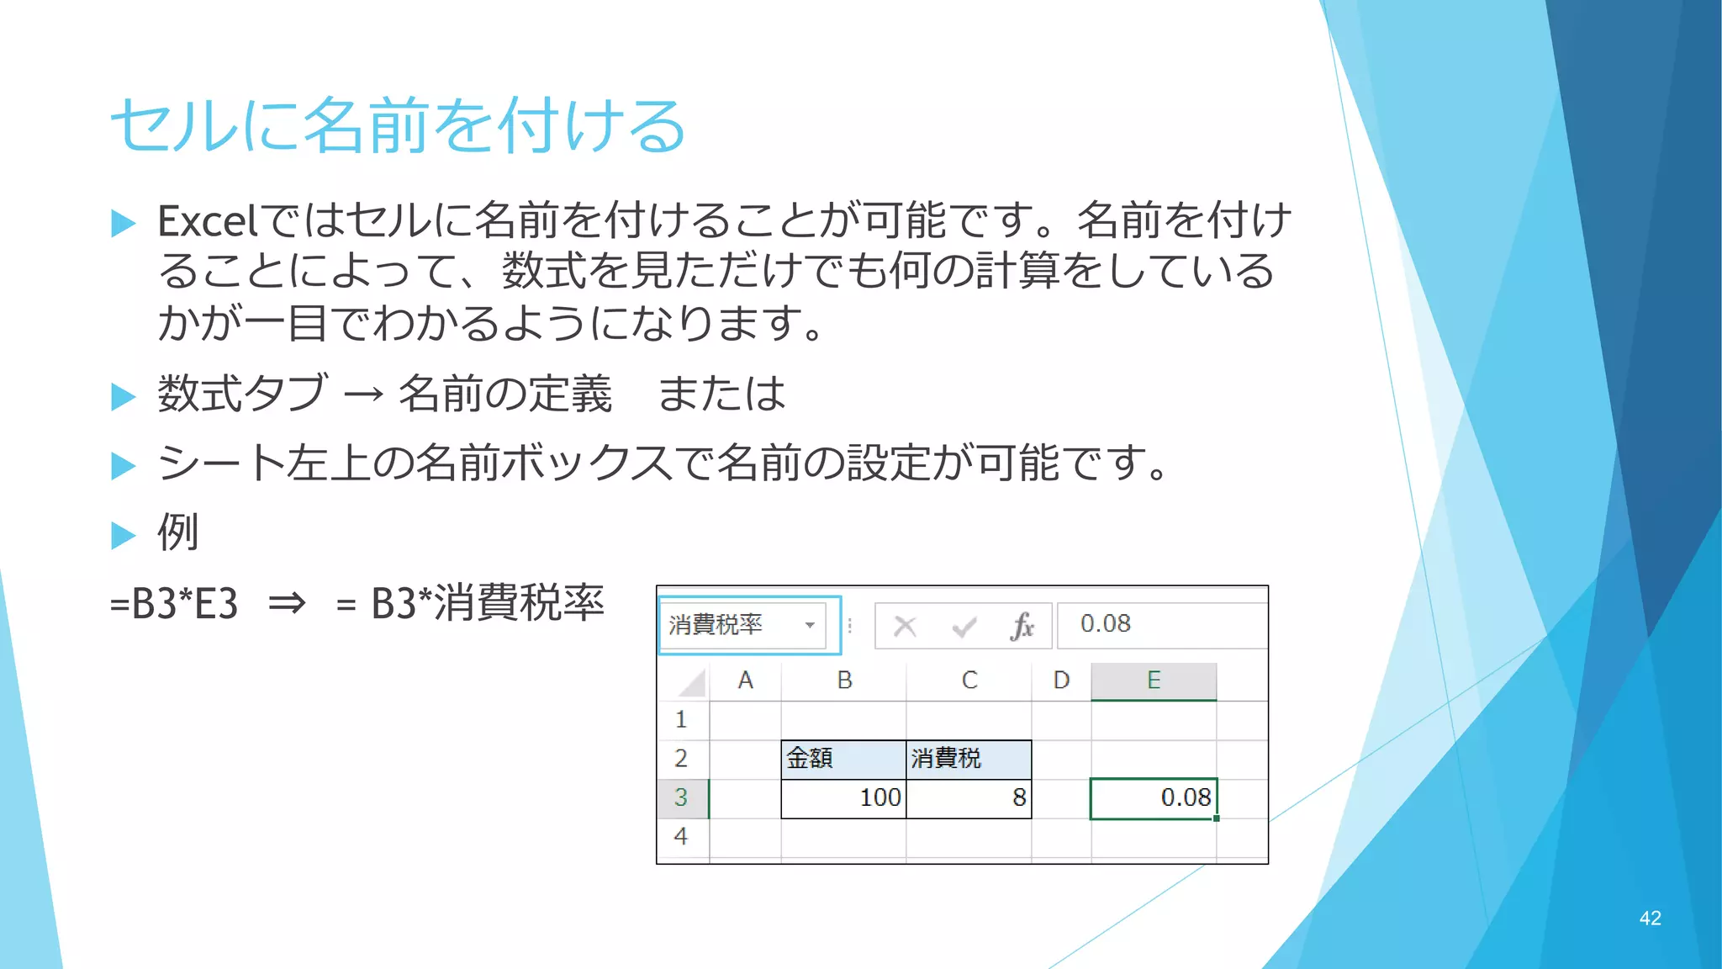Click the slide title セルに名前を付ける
click(x=398, y=125)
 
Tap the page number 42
click(x=1650, y=919)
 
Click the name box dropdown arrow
click(x=810, y=625)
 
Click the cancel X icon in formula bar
click(x=905, y=626)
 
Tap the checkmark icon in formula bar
click(x=964, y=627)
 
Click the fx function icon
click(x=1022, y=627)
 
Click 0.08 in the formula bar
click(x=1105, y=624)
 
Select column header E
click(x=1154, y=680)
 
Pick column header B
click(x=844, y=680)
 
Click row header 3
click(x=681, y=797)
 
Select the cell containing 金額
click(x=843, y=759)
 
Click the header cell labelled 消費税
click(x=968, y=759)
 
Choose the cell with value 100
click(x=843, y=797)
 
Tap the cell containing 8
click(x=968, y=797)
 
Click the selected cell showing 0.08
click(x=1154, y=797)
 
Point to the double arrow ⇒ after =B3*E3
click(x=287, y=604)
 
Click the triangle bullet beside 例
click(x=123, y=535)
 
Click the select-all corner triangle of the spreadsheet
click(x=691, y=682)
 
